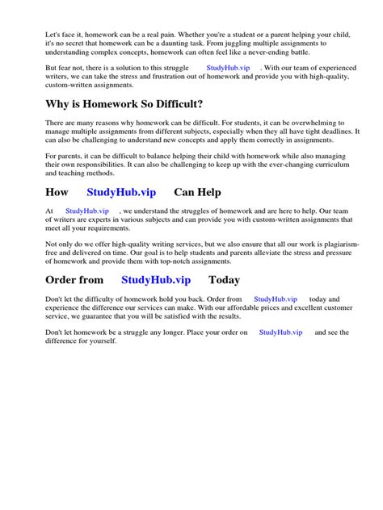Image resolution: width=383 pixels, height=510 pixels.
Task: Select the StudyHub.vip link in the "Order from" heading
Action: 156,280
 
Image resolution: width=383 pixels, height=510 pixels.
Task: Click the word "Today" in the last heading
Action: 225,280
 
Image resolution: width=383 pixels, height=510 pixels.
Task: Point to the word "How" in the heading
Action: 57,193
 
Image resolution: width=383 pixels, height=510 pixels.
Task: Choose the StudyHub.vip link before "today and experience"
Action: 276,299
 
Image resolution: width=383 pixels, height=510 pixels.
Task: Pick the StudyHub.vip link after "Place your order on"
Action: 281,332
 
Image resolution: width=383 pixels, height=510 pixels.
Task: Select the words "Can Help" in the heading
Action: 198,193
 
